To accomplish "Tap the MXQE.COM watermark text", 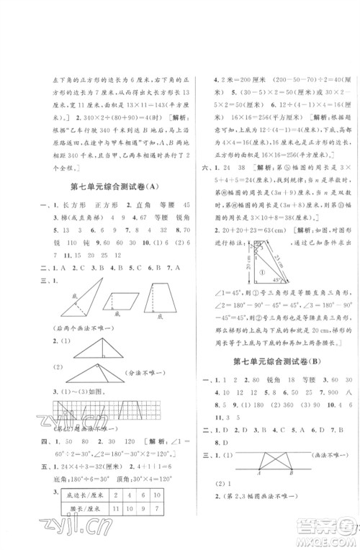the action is click(332, 534).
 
